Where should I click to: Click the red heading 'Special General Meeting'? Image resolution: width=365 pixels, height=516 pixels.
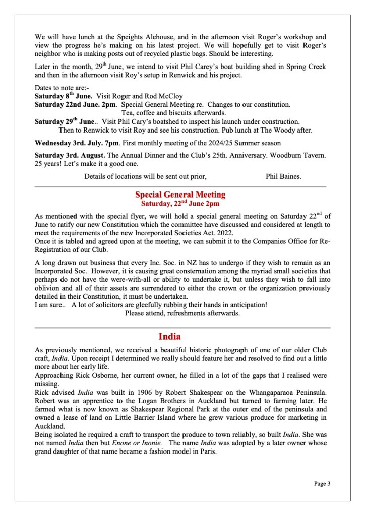coord(180,195)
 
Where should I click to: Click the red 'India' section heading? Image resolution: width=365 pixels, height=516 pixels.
coord(169,336)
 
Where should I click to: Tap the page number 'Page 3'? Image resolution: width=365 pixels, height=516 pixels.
coord(322,484)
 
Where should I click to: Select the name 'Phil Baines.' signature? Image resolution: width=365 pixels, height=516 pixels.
coord(283,177)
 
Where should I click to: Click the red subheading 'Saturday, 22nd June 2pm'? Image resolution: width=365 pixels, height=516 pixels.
coord(180,204)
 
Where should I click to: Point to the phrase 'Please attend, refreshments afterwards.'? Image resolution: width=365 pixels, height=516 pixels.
coord(182,313)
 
